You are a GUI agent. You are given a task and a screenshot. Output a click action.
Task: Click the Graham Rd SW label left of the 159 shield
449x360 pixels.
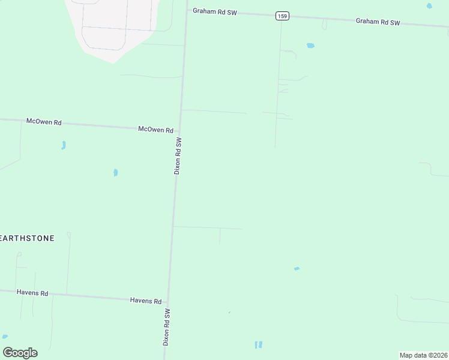214,11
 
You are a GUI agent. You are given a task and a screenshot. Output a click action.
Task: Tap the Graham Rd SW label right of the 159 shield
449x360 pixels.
378,22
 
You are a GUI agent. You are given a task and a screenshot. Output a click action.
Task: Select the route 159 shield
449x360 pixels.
282,16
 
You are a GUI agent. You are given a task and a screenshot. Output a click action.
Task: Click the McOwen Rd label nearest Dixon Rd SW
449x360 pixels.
155,130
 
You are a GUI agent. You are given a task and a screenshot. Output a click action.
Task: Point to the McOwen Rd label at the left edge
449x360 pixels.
44,122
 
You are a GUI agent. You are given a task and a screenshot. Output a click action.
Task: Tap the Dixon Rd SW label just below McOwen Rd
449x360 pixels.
178,155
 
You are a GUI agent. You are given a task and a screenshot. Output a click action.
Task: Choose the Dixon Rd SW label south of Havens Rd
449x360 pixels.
167,327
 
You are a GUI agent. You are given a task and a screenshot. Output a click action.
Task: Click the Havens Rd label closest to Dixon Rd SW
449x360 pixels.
146,301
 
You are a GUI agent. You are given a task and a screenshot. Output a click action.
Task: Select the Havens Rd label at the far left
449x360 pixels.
32,293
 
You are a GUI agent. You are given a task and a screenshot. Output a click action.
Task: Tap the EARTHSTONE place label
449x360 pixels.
27,238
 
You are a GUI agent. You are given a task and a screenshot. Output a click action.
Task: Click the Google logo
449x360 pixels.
20,352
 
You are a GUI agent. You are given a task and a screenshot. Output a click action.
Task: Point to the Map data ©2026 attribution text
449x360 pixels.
423,355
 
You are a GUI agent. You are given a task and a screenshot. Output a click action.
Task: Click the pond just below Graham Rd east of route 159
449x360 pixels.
310,46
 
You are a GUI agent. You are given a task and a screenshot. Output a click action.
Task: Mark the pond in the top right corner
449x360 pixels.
429,6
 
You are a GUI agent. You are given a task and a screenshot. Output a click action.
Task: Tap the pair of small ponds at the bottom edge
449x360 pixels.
258,345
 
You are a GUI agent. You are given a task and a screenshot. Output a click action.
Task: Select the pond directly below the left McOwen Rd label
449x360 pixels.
63,145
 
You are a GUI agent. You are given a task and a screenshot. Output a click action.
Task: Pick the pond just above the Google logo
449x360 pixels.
5,337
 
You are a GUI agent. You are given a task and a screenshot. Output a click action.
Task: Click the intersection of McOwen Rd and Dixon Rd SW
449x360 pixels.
179,130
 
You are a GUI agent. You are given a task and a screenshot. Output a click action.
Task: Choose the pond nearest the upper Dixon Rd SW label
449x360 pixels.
115,173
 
